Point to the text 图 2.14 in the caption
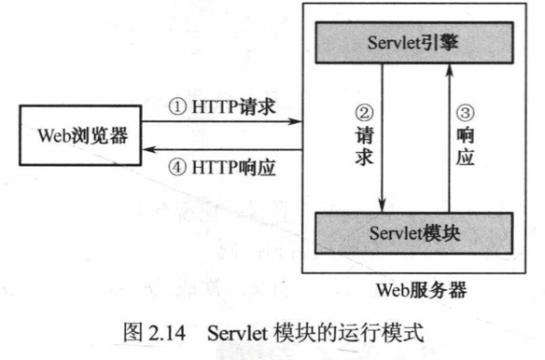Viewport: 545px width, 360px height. (154, 331)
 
